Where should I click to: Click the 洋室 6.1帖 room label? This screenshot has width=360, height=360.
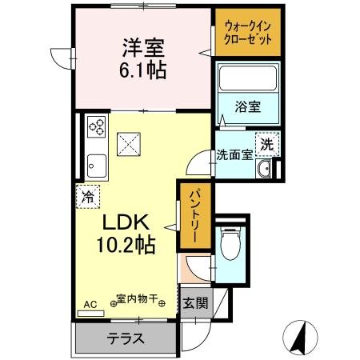[x=143, y=58]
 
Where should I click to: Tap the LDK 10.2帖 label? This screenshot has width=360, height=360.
[x=126, y=233]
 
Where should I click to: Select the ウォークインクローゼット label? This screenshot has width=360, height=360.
[x=248, y=33]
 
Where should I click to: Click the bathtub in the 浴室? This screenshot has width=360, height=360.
[x=248, y=78]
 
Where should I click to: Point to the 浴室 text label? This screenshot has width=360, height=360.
[x=248, y=107]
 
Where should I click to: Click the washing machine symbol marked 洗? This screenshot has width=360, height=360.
[x=267, y=144]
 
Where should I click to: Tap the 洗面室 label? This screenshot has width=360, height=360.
[x=234, y=155]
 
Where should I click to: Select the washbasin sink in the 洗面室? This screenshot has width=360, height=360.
[x=264, y=169]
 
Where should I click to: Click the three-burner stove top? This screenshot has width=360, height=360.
[x=97, y=126]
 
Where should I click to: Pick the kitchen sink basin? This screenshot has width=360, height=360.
[x=97, y=166]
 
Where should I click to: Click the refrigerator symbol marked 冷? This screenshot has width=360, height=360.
[x=88, y=197]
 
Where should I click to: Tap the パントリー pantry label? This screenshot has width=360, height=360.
[x=195, y=215]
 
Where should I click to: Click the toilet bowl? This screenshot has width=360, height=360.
[x=230, y=243]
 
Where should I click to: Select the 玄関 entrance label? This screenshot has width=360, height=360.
[x=195, y=303]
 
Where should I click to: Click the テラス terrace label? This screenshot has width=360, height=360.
[x=126, y=338]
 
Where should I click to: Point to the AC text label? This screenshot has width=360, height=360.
[x=90, y=305]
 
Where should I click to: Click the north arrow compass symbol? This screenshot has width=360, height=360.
[x=300, y=337]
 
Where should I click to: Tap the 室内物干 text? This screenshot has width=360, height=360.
[x=138, y=298]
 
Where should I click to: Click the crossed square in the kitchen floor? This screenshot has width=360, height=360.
[x=129, y=144]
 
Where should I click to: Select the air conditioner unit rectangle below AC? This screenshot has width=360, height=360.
[x=90, y=314]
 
